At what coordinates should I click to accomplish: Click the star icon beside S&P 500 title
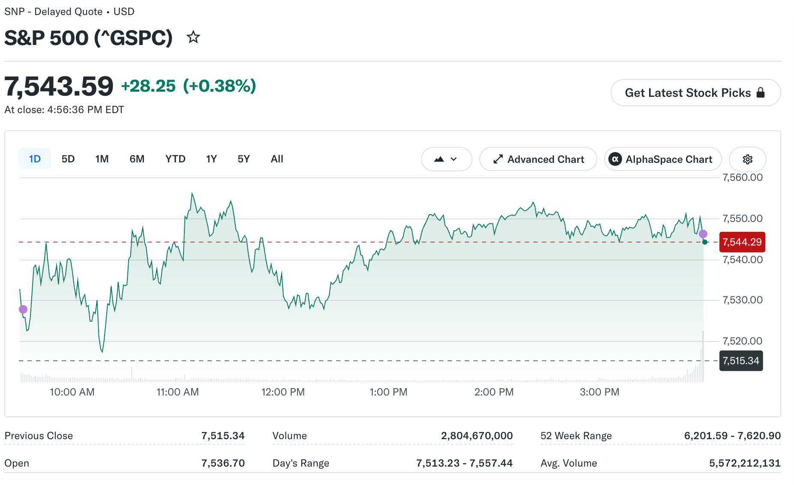193,37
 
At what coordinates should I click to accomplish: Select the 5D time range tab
68,159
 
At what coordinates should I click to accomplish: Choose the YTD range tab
175,159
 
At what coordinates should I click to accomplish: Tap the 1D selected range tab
35,159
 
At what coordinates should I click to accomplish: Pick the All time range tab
277,159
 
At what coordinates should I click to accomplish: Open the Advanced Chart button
538,159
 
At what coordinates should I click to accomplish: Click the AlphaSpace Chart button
663,159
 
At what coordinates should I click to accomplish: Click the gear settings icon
748,159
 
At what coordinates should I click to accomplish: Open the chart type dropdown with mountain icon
446,159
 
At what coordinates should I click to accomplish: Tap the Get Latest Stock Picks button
695,93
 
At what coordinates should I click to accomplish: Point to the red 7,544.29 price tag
742,242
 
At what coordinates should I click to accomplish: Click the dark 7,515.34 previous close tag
741,361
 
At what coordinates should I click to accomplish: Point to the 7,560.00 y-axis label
743,177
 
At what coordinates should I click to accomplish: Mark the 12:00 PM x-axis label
283,392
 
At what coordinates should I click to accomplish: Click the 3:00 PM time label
599,392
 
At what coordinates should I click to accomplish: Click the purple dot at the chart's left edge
23,309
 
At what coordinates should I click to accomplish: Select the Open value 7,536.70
223,463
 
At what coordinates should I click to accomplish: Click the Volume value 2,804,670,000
477,436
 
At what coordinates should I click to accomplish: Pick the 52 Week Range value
732,436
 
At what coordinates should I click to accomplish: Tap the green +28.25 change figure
148,86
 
